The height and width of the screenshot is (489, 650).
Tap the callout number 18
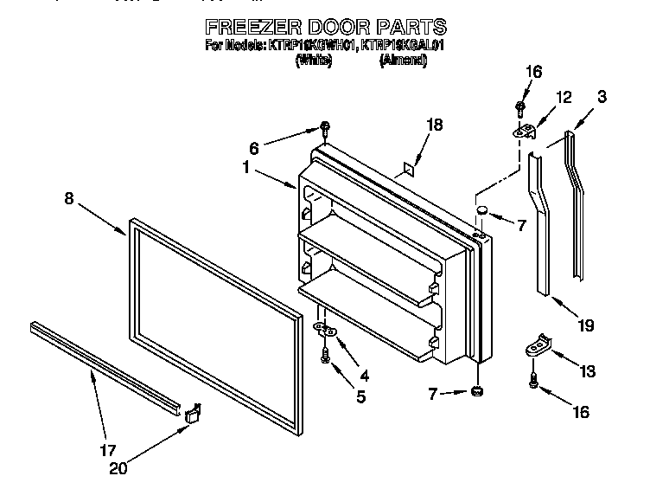(435, 125)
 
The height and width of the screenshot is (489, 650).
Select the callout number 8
(68, 198)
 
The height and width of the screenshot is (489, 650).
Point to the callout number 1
(247, 169)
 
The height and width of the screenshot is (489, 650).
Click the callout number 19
(586, 326)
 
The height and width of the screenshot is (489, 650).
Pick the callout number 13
(588, 372)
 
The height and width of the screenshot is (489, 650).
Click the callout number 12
(563, 99)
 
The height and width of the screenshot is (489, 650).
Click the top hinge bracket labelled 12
(525, 132)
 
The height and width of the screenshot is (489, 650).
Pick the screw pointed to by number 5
(324, 353)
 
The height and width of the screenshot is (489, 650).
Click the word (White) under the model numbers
(314, 60)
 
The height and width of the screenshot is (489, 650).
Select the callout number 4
(364, 376)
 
